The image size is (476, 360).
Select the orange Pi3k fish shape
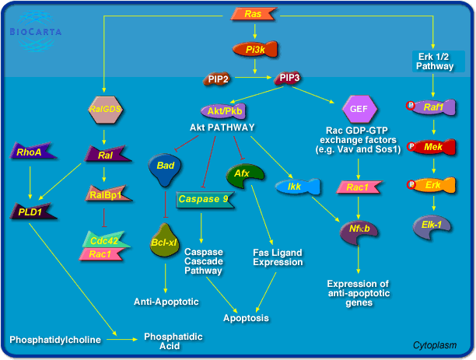tap(254, 50)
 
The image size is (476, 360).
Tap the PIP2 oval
tap(217, 79)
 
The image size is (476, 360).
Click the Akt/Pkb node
tap(222, 110)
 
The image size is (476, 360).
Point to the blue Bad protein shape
tap(164, 169)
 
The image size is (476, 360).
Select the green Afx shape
tap(241, 173)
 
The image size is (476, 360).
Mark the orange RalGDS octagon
tap(107, 110)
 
